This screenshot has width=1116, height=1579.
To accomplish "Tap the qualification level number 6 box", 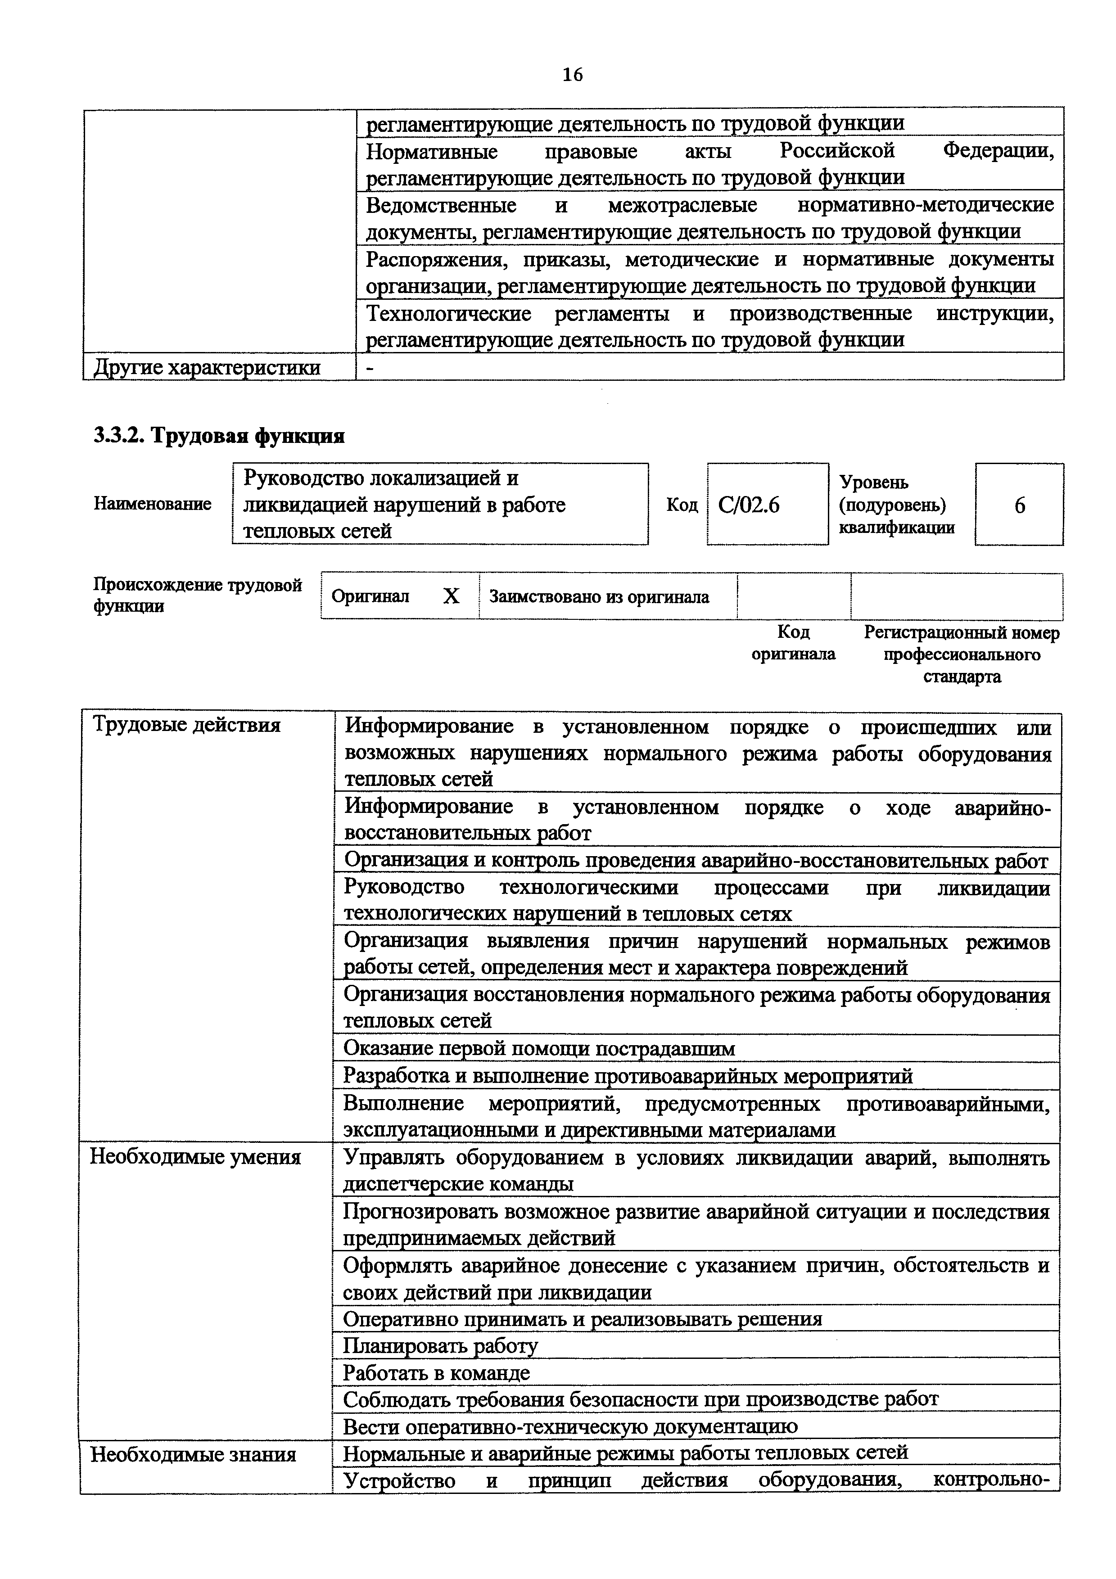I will click(1019, 505).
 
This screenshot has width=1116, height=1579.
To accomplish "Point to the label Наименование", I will click(153, 504).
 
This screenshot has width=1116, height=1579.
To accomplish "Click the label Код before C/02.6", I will click(682, 505).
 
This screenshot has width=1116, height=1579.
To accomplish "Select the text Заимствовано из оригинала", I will click(599, 597).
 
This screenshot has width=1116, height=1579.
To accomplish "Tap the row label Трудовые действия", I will click(186, 725).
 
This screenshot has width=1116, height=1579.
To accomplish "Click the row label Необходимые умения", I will click(195, 1157).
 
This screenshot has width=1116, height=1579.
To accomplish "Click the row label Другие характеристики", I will click(207, 368).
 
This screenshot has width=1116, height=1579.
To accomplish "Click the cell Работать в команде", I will click(437, 1373).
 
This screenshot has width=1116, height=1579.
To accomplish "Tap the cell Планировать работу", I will click(440, 1346).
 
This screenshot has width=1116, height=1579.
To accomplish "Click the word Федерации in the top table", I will click(998, 151).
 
